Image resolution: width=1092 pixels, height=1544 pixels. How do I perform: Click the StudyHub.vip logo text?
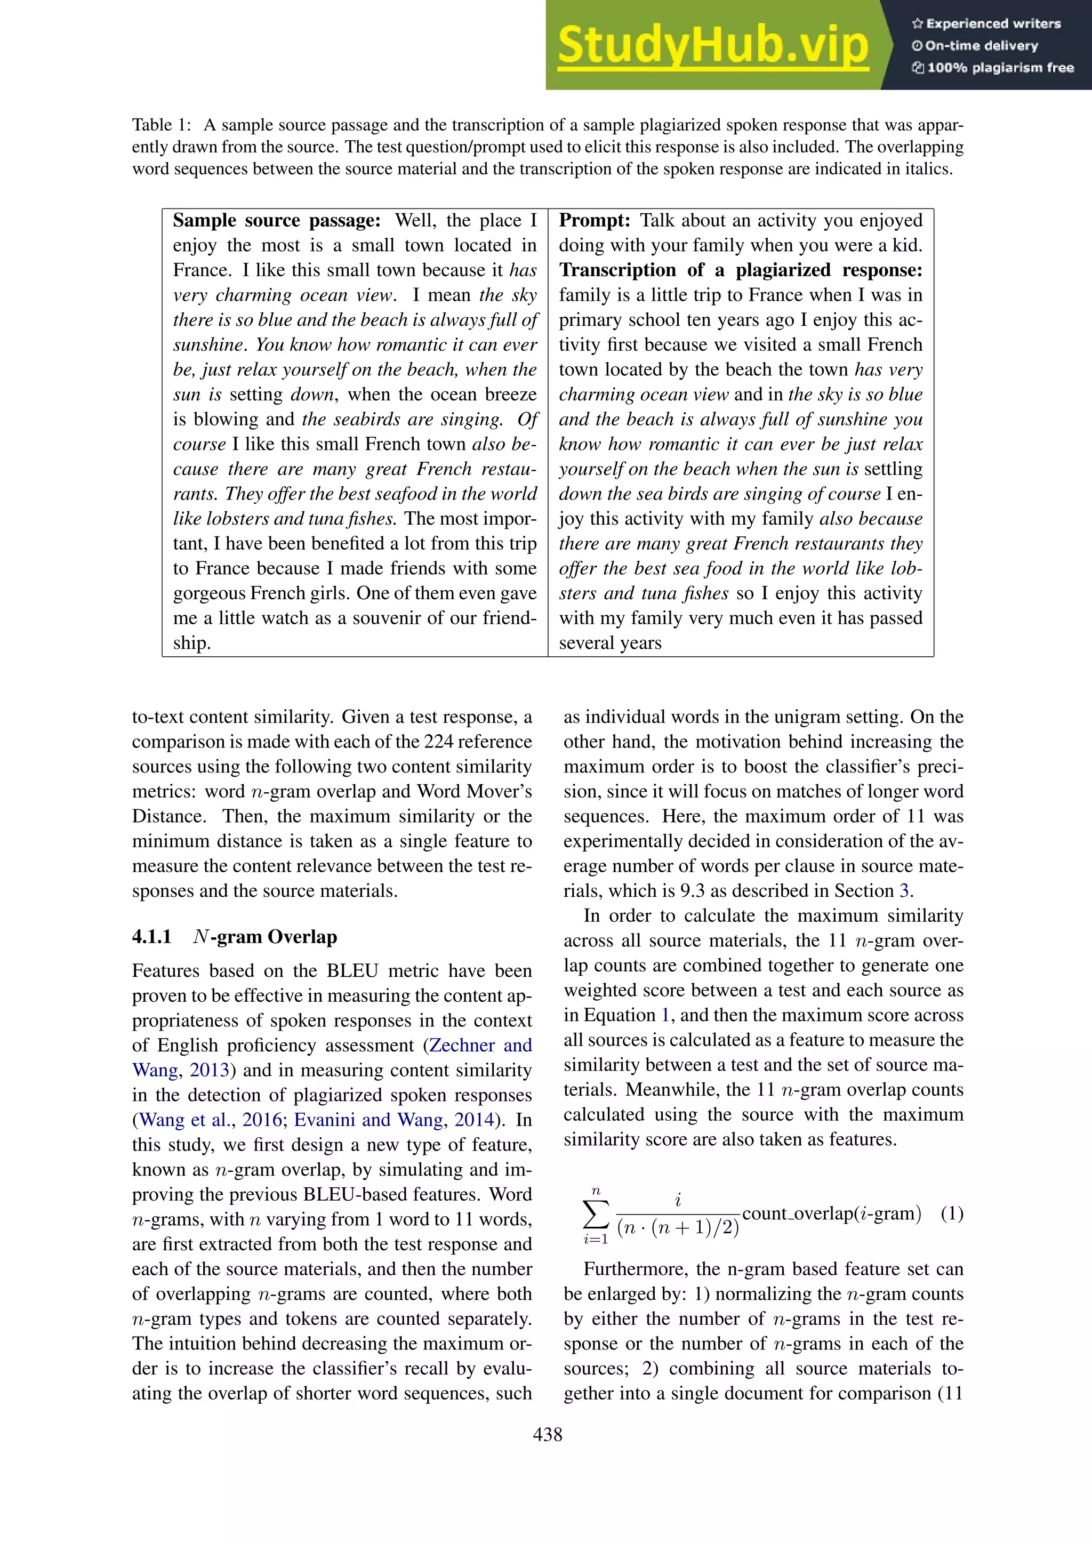pyautogui.click(x=713, y=46)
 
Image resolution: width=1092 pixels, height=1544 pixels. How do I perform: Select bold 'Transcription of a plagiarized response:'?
pyautogui.click(x=740, y=270)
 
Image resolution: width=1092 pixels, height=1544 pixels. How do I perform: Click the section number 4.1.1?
pyautogui.click(x=151, y=937)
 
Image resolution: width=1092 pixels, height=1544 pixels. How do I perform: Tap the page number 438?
pyautogui.click(x=547, y=1434)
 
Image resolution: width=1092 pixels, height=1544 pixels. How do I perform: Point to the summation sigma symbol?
pyautogui.click(x=595, y=1215)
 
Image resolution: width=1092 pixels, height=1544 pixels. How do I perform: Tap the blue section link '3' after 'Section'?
pyautogui.click(x=904, y=891)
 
